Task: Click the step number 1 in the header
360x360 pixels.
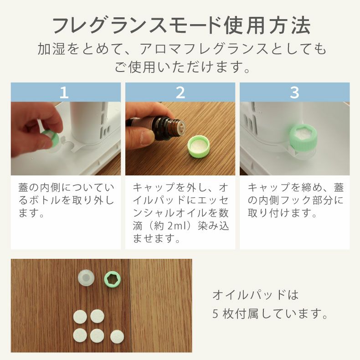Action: (64, 92)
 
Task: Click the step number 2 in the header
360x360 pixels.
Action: (180, 92)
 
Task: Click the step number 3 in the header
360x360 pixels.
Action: (294, 92)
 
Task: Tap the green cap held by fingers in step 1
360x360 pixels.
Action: (49, 138)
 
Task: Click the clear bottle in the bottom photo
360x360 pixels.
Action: (85, 278)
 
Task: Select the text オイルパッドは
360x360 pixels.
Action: (255, 295)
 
